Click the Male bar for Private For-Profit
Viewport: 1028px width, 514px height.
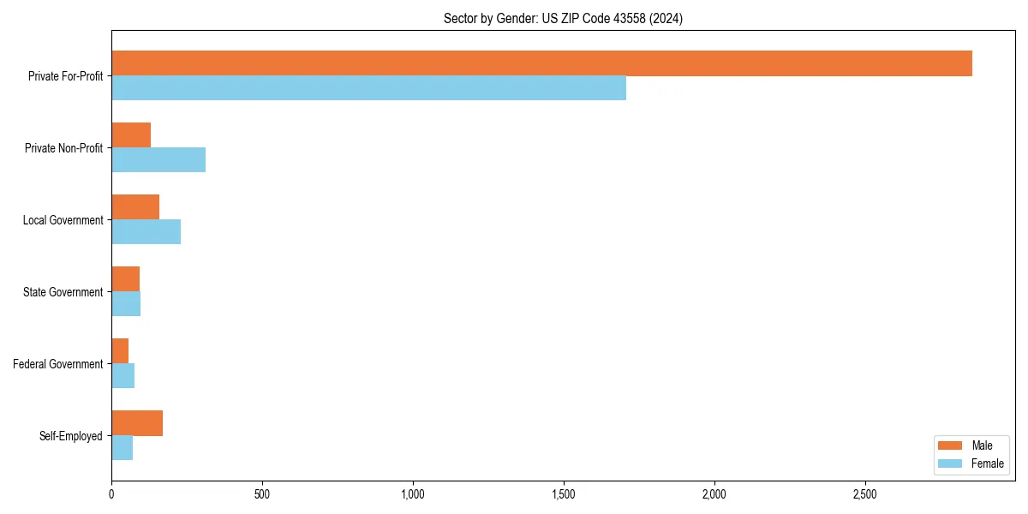(541, 63)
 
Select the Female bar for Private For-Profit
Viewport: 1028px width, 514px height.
(368, 87)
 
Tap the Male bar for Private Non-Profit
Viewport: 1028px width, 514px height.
(131, 135)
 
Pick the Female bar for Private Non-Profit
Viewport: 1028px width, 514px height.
(158, 159)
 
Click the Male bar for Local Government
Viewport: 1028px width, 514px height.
(135, 207)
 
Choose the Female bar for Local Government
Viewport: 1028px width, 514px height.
(146, 231)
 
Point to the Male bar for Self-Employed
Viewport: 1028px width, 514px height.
(137, 423)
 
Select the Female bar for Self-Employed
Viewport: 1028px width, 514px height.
(122, 447)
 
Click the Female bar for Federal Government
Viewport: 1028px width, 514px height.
(123, 375)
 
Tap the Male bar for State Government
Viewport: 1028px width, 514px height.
(125, 279)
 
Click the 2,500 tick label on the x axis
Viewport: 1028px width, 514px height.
(865, 494)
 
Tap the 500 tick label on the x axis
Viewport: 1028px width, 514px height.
(262, 494)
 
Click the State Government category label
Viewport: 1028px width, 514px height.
(63, 292)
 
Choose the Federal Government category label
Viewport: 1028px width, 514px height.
(57, 364)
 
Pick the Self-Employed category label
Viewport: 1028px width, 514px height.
(71, 436)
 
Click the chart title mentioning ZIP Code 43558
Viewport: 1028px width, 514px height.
(563, 18)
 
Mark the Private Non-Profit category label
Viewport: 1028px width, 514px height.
(63, 148)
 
